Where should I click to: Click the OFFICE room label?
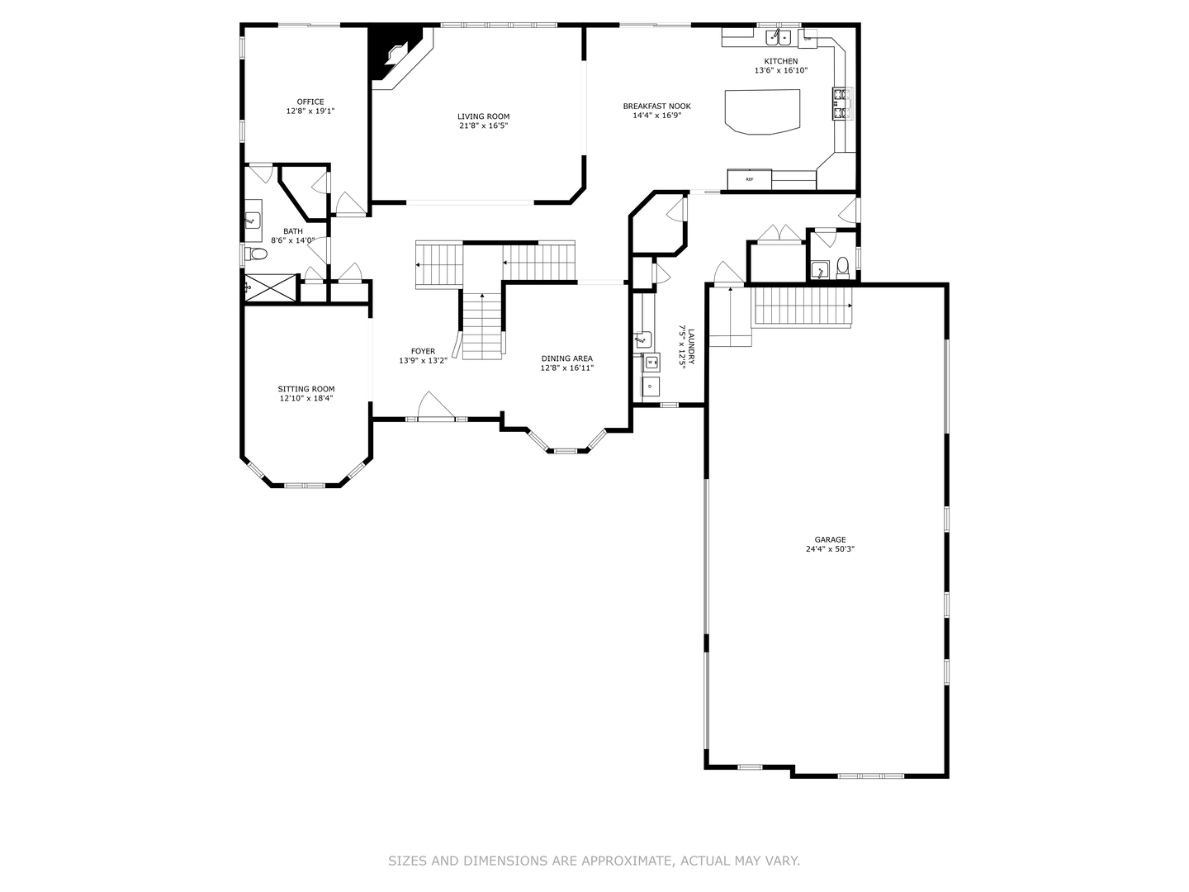pyautogui.click(x=310, y=102)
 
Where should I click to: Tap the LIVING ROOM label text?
pyautogui.click(x=484, y=116)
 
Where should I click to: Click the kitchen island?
pyautogui.click(x=762, y=111)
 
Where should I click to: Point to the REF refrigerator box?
pyautogui.click(x=749, y=179)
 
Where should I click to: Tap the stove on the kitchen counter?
pyautogui.click(x=841, y=103)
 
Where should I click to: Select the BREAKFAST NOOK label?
pyautogui.click(x=656, y=106)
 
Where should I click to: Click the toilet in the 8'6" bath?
pyautogui.click(x=256, y=254)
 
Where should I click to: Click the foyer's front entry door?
pyautogui.click(x=435, y=407)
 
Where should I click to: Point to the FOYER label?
pyautogui.click(x=423, y=351)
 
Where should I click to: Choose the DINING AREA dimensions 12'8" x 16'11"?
pyautogui.click(x=566, y=368)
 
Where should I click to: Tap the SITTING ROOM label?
pyautogui.click(x=306, y=389)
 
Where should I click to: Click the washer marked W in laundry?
pyautogui.click(x=651, y=362)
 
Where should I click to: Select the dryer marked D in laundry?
pyautogui.click(x=651, y=386)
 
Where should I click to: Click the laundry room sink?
pyautogui.click(x=642, y=339)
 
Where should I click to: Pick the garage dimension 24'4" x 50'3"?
pyautogui.click(x=830, y=548)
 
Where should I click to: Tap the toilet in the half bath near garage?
pyautogui.click(x=842, y=266)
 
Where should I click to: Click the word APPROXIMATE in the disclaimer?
pyautogui.click(x=628, y=861)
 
